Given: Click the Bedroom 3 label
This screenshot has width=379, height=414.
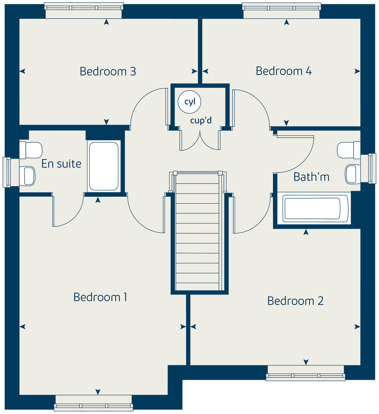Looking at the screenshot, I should click(108, 71).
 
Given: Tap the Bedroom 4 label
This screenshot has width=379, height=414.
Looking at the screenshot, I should click(284, 71).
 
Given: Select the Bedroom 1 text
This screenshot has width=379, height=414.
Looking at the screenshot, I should click(100, 297).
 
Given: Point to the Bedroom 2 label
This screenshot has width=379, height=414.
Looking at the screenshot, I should click(295, 301).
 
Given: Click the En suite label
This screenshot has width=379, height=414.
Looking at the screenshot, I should click(61, 164).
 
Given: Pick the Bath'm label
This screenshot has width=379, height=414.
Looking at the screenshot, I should click(311, 177).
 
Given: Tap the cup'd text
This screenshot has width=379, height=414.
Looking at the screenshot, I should click(201, 120).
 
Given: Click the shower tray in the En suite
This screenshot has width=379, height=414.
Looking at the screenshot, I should click(104, 166).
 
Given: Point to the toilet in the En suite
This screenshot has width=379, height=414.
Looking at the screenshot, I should click(30, 150).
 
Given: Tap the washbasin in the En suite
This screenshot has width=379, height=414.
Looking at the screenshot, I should click(28, 175).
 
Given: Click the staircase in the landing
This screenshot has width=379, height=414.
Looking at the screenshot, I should click(197, 232).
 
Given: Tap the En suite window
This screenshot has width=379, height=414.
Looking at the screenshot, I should click(7, 172).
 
